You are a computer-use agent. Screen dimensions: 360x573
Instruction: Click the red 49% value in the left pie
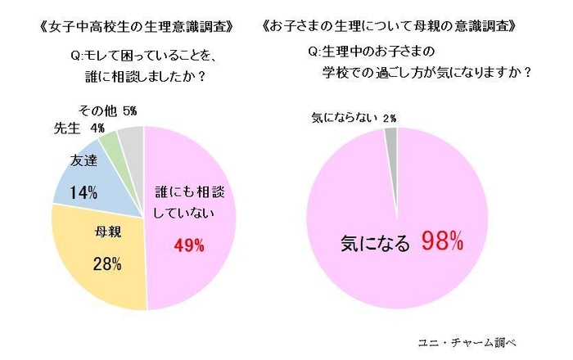tap(188, 245)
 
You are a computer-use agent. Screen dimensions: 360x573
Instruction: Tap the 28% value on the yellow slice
tap(107, 263)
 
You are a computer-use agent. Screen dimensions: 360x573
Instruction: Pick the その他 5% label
tap(106, 110)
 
